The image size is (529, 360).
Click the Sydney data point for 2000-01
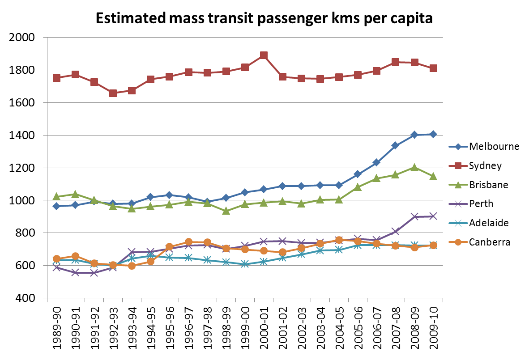point(264,55)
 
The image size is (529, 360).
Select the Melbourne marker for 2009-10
point(433,134)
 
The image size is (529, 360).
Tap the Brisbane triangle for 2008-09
point(414,167)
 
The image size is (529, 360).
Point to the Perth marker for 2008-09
point(414,216)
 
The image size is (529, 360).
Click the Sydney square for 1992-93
point(113,93)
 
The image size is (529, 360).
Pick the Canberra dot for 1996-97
point(188,242)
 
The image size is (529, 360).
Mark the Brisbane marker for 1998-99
point(226,211)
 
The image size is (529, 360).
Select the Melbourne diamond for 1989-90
point(56,206)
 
